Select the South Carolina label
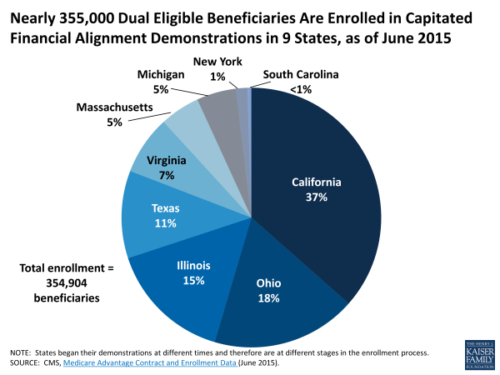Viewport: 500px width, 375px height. click(301, 74)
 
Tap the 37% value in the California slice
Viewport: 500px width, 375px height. click(317, 197)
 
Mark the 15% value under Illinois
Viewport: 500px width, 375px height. click(193, 281)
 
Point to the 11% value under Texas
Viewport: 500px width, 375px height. click(165, 223)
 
